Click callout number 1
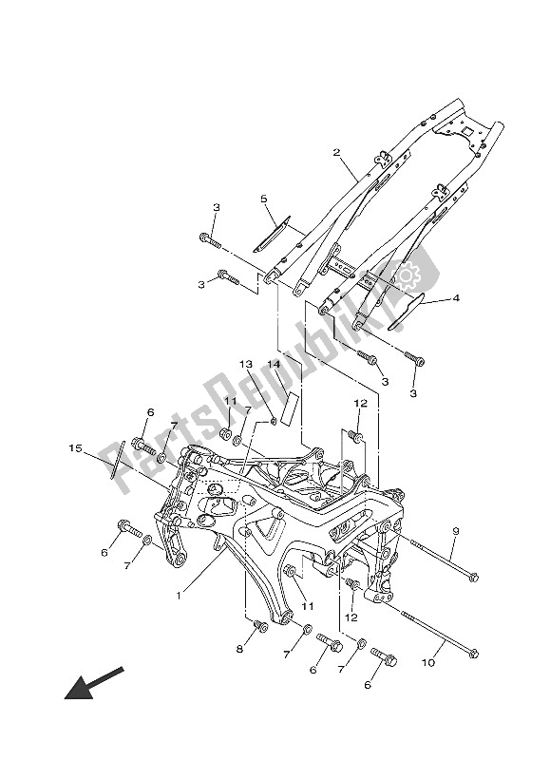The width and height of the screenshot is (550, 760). (179, 597)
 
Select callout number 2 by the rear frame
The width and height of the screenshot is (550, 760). (336, 152)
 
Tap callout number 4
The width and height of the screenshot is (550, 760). (456, 297)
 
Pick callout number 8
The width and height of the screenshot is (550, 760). (239, 649)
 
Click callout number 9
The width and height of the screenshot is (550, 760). (456, 530)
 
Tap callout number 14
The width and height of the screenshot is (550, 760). (274, 364)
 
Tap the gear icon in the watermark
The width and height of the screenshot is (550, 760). (409, 276)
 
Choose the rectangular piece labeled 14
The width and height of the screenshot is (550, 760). (292, 407)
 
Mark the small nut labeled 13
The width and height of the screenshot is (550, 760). (274, 419)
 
